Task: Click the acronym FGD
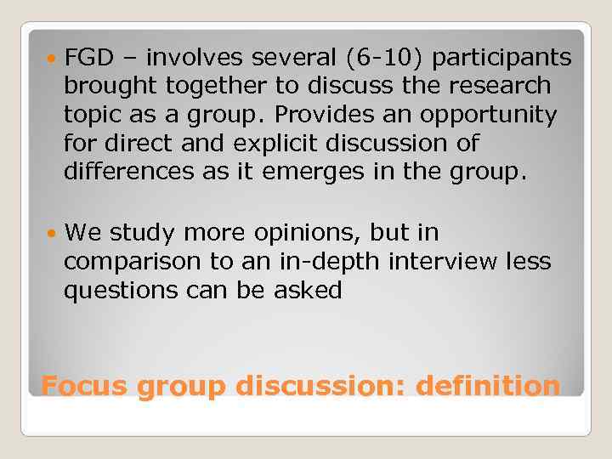(84, 58)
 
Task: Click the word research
(503, 87)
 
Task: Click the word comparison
(123, 262)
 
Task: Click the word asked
(310, 291)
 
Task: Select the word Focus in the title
(85, 387)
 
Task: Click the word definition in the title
(488, 387)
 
